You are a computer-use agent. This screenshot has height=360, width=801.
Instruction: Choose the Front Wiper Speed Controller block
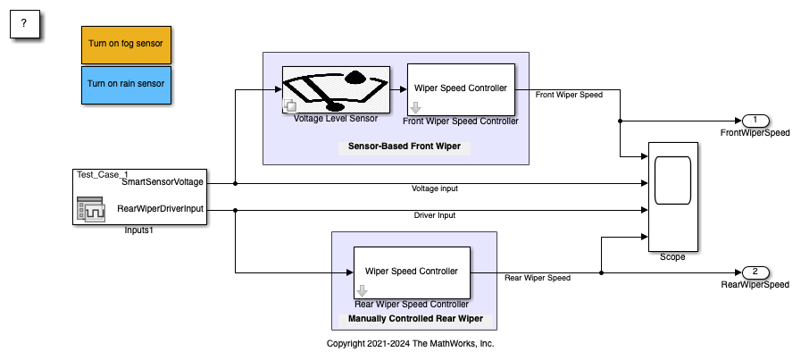(460, 88)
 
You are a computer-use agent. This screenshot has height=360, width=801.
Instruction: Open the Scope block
(672, 196)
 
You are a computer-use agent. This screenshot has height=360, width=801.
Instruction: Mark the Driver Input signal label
(436, 215)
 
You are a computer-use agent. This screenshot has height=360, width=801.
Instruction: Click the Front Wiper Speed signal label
(568, 94)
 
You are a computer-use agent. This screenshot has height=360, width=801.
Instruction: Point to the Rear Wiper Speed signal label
(537, 278)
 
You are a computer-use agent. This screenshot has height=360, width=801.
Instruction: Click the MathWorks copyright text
(410, 343)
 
